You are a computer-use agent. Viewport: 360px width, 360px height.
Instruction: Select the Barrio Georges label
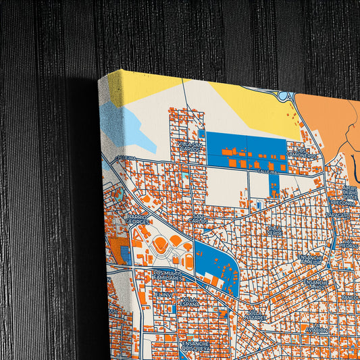pyautogui.click(x=138, y=219)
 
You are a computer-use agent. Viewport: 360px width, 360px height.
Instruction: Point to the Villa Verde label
pyautogui.click(x=274, y=232)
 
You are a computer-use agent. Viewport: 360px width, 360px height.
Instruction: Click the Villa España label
pyautogui.click(x=190, y=301)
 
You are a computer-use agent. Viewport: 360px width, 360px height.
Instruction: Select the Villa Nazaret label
pyautogui.click(x=256, y=314)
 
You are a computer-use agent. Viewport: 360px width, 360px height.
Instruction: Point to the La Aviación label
pyautogui.click(x=315, y=328)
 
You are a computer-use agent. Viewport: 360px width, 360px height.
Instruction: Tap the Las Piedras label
pyautogui.click(x=349, y=243)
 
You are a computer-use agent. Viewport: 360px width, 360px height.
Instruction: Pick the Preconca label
pyautogui.click(x=342, y=202)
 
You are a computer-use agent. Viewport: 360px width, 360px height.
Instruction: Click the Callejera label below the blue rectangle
pyautogui.click(x=268, y=172)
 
